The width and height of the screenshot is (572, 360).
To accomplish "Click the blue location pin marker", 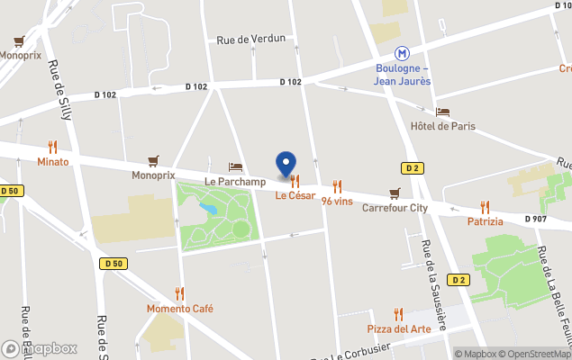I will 286,165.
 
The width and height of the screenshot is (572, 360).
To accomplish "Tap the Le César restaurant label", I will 295,195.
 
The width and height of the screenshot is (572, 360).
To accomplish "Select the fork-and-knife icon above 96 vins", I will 337,186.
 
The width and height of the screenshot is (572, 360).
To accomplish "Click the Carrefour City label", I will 395,208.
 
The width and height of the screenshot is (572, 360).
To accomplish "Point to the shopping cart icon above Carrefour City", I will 395,193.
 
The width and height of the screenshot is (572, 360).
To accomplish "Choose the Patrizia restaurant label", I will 485,221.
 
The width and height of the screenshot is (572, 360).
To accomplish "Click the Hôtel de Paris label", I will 442,126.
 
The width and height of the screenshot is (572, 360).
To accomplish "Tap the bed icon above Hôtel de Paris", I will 442,112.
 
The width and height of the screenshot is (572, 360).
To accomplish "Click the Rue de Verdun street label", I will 251,39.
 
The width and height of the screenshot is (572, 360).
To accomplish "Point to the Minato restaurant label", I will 52,162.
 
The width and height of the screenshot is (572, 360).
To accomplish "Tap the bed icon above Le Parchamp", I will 235,166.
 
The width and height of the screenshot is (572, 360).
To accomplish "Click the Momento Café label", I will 180,309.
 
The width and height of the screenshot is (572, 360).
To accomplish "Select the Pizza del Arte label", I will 398,328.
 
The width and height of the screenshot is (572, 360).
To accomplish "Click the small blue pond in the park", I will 209,209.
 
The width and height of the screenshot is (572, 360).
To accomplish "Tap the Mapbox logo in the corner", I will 40,348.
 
